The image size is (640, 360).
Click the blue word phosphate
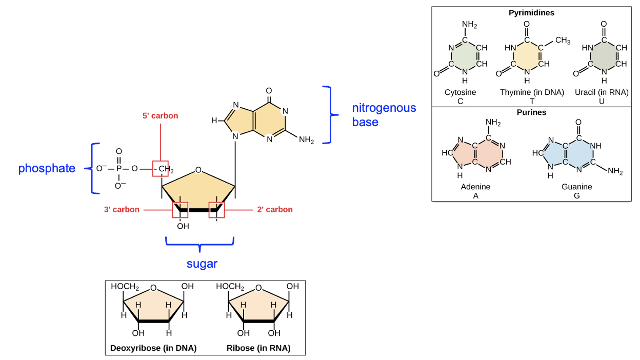(x=47, y=168)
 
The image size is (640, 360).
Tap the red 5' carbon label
(x=161, y=116)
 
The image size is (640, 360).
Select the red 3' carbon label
(x=122, y=209)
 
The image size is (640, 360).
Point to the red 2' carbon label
(x=275, y=209)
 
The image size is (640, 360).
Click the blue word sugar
(x=202, y=264)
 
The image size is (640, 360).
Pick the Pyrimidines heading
(x=531, y=13)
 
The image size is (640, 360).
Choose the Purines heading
(x=531, y=112)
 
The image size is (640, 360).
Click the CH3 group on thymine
(x=563, y=41)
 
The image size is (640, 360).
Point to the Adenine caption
(x=475, y=187)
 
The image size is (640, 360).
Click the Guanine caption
(x=576, y=187)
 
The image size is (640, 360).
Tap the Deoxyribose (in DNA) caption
(x=153, y=348)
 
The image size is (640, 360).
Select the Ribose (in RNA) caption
(x=258, y=348)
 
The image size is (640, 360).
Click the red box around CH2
(x=161, y=168)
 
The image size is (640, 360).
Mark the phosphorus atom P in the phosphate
(x=119, y=168)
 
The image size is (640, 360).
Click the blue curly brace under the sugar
(x=199, y=243)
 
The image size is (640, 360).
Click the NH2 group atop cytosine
(x=469, y=25)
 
